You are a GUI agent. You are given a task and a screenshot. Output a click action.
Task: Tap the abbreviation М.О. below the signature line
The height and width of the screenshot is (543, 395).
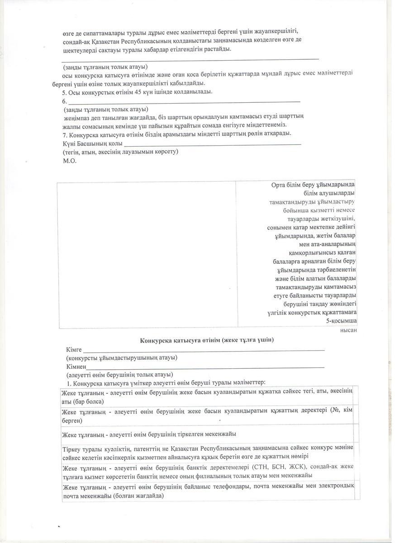point(70,161)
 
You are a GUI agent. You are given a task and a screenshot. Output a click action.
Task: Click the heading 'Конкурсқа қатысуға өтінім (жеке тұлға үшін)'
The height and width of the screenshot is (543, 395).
point(207,340)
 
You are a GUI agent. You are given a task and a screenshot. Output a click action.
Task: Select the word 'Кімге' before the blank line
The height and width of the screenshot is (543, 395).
point(74,350)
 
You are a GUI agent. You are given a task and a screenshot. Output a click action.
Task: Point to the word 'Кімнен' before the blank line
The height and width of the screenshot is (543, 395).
point(76,367)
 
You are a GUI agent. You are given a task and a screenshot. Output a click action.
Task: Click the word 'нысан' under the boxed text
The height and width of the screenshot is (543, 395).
point(348,330)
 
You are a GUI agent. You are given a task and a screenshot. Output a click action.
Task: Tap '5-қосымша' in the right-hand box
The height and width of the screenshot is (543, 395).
point(341,321)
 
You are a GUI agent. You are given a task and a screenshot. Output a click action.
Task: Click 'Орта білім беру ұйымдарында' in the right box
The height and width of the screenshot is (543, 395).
point(313,185)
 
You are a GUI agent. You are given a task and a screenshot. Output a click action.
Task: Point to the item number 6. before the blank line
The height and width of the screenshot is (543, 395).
point(65,101)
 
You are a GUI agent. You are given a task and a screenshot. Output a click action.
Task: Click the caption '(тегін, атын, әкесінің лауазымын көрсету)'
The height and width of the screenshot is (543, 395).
point(120,152)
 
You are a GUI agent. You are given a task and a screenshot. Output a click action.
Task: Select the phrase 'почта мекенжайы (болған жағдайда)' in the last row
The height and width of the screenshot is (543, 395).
point(113,495)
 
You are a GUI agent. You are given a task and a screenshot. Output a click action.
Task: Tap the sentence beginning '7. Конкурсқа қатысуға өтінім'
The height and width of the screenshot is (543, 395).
point(177,134)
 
